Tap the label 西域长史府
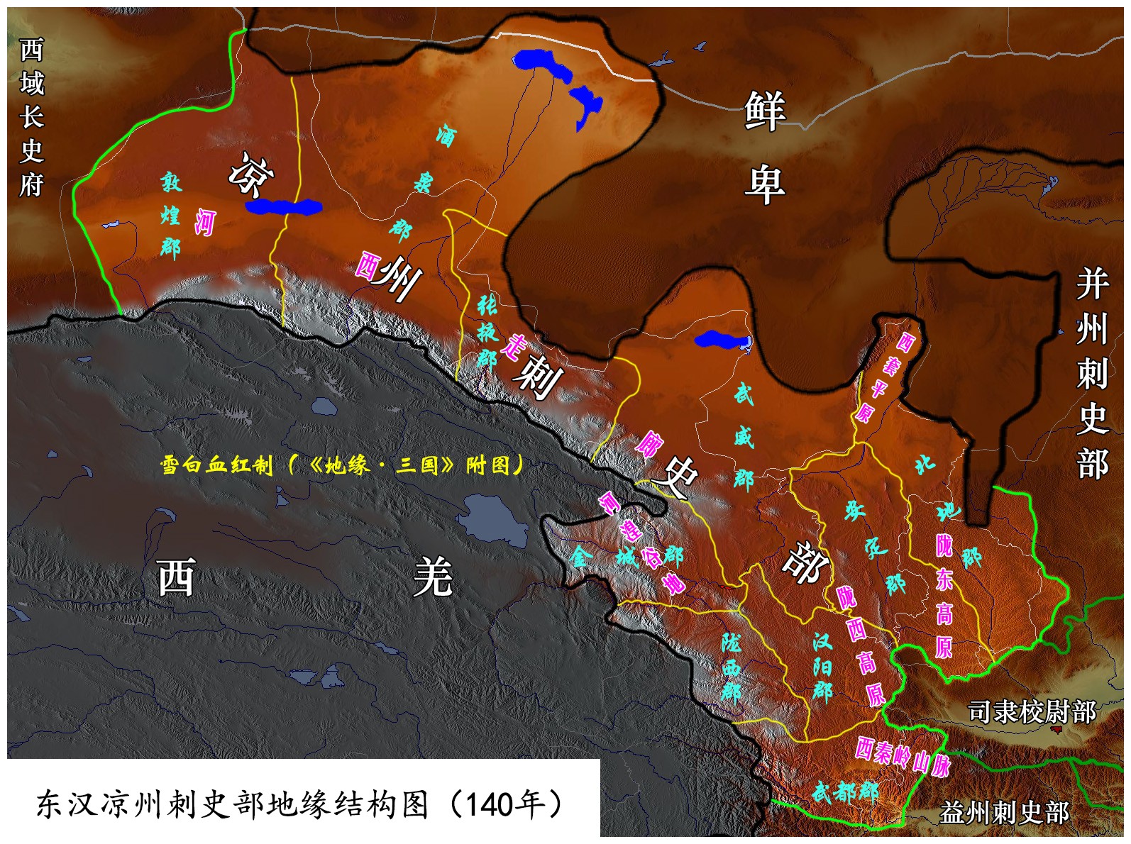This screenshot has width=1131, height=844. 31,117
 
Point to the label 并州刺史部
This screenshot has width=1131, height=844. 1092,374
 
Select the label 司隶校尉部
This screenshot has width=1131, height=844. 1032,711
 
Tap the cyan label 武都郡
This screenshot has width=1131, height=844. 845,791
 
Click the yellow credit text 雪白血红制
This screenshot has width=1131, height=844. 216,465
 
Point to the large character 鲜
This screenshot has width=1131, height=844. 765,111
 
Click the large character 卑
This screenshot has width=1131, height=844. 765,183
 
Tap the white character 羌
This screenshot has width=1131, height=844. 433,576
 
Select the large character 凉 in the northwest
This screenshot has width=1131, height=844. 250,174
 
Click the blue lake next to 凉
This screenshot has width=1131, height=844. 283,207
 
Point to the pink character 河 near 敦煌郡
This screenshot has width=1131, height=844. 204,223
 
